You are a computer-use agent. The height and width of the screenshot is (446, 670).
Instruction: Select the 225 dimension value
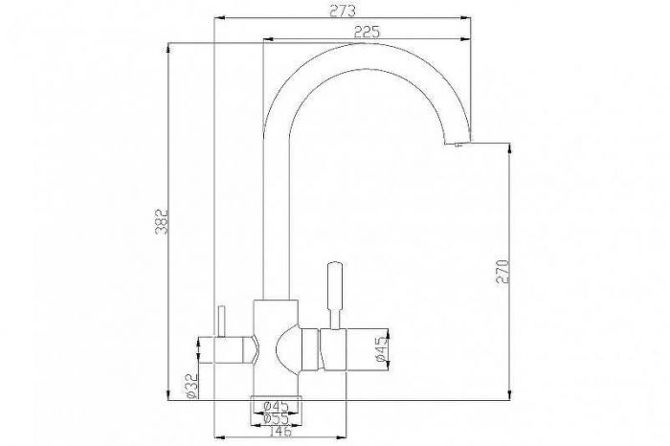[x=367, y=32]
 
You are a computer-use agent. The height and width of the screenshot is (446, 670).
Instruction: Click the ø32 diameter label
[x=191, y=385]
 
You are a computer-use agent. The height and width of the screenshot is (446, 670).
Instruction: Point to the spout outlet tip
[x=458, y=145]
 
